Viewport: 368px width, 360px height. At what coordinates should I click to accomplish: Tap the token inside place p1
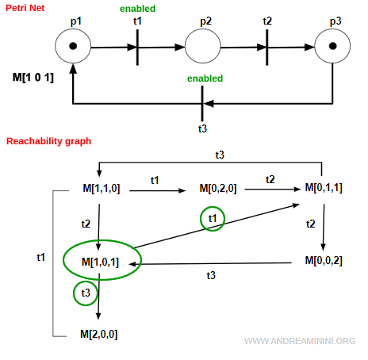pos(73,46)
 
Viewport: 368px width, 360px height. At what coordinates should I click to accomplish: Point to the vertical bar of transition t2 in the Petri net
pos(267,46)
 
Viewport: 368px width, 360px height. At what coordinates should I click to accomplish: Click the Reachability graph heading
pos(48,141)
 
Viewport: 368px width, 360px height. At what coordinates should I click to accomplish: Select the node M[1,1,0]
pos(102,188)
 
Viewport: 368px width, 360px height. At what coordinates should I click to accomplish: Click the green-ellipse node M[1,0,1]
pos(101,261)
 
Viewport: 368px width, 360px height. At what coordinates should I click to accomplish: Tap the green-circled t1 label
pos(211,220)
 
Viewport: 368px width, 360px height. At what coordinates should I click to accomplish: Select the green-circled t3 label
pos(84,294)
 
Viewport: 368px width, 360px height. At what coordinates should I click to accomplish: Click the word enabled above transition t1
pos(138,8)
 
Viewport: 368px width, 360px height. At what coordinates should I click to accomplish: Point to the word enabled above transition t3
pos(205,79)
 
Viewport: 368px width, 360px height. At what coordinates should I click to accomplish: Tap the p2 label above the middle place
pos(205,18)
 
